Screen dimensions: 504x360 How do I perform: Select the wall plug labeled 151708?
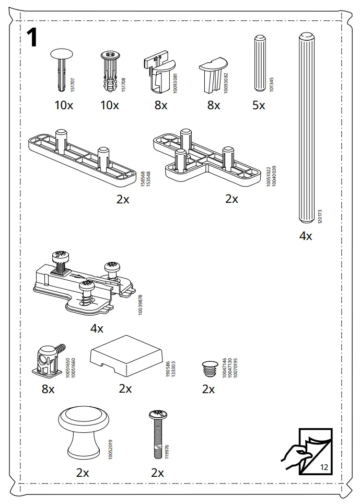point(110,71)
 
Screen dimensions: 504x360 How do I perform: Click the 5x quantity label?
point(259,106)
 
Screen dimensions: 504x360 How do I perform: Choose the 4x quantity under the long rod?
point(306,236)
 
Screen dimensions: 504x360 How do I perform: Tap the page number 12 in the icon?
point(323,467)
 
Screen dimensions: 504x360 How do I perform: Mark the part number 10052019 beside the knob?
point(110,450)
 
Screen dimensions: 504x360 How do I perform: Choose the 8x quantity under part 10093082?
point(213,106)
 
